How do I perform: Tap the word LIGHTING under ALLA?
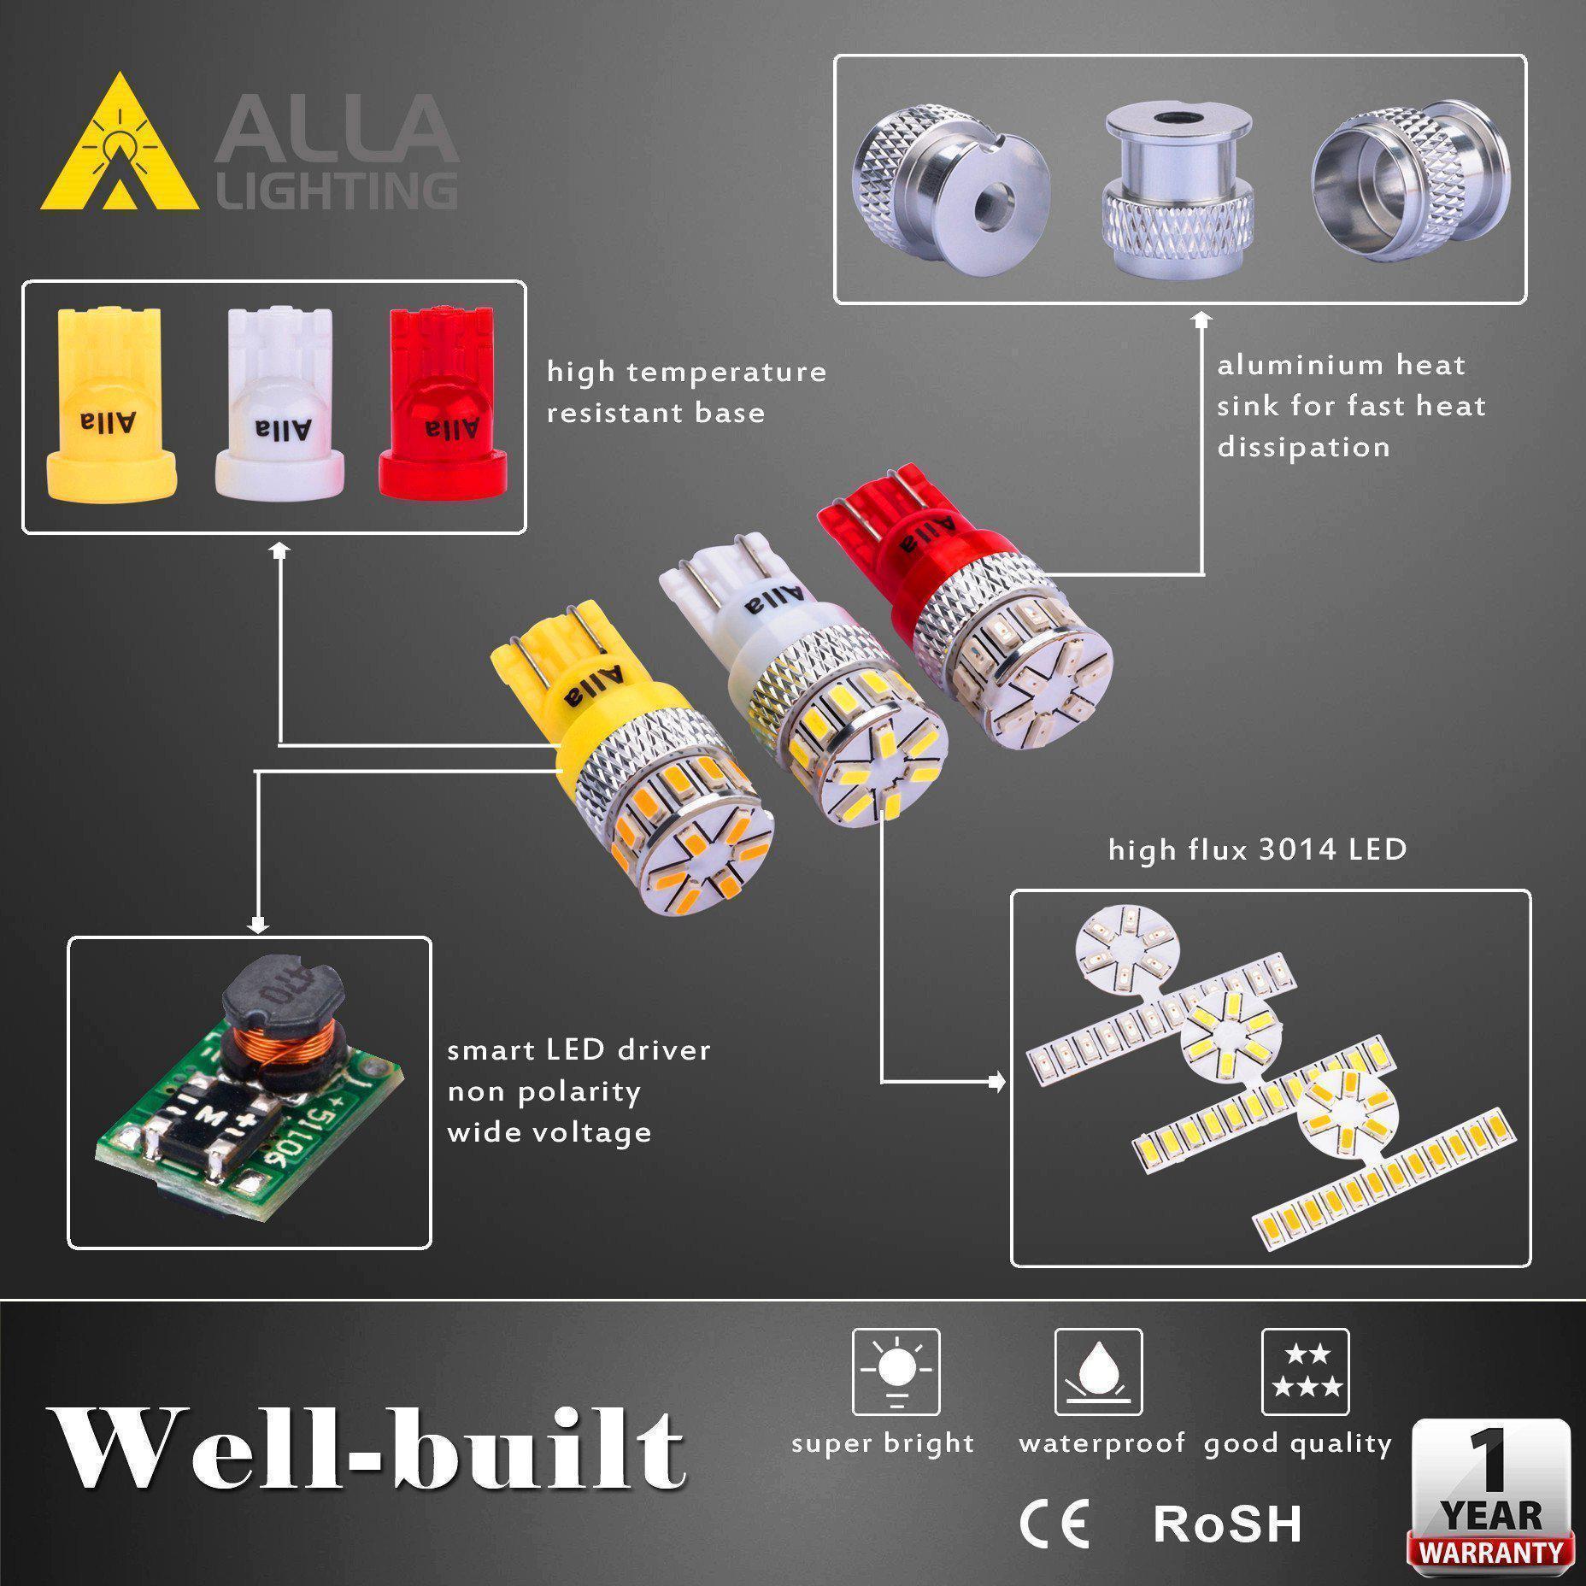click(x=336, y=191)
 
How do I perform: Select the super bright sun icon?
click(x=896, y=1372)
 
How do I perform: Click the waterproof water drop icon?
click(x=1098, y=1372)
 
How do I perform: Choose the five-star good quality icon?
click(x=1305, y=1372)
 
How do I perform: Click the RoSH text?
click(x=1227, y=1524)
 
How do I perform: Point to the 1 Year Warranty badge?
click(x=1490, y=1502)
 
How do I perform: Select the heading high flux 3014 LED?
click(x=1257, y=850)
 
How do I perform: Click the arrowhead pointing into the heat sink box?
click(x=1202, y=319)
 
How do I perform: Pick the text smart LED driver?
click(x=579, y=1050)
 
